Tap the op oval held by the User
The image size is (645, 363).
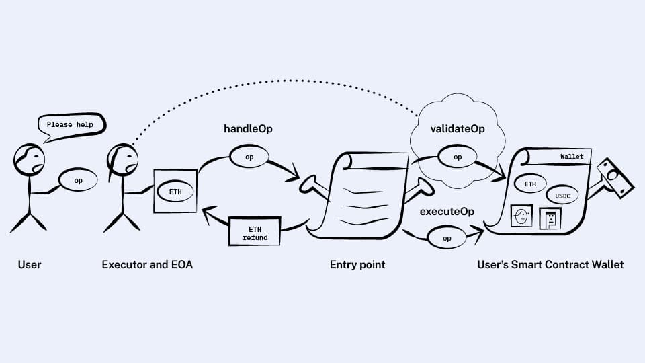point(78,180)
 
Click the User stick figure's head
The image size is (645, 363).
point(30,160)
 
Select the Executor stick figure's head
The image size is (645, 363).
point(122,160)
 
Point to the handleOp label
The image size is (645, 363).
point(248,128)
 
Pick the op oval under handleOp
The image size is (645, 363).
point(249,156)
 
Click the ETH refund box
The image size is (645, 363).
point(255,233)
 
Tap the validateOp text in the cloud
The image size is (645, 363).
point(457,129)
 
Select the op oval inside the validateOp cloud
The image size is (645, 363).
point(458,157)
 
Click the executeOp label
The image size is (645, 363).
point(447,212)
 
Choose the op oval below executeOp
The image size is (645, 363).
point(447,238)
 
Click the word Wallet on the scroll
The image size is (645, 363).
point(572,157)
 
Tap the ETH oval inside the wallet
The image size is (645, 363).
point(530,183)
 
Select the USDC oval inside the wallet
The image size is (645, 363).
point(562,196)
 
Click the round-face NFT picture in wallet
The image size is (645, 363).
point(521,216)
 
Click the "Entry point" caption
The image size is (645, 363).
point(357,265)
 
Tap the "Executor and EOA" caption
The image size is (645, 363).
point(147,265)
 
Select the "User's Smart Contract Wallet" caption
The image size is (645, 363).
point(550,265)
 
